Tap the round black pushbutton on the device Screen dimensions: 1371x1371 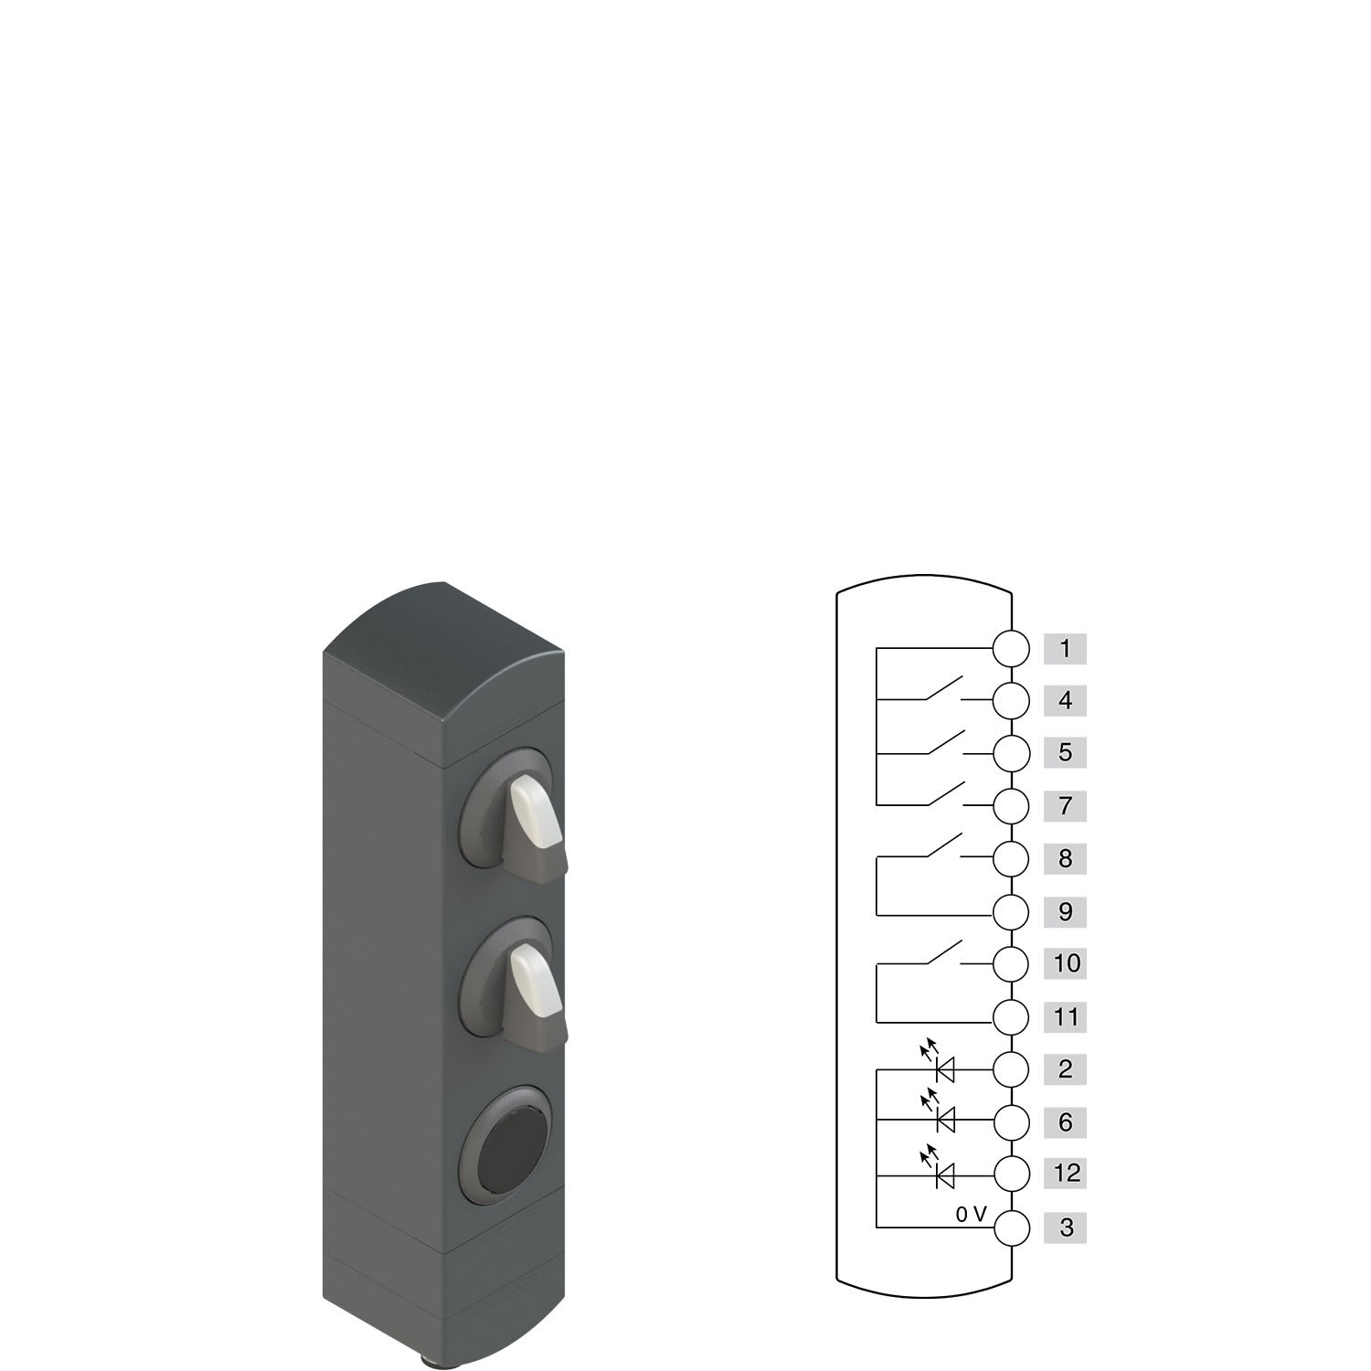click(x=510, y=1142)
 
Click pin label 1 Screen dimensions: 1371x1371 click(x=1065, y=649)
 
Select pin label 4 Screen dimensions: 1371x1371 click(x=1065, y=701)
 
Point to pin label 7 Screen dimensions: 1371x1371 click(x=1065, y=806)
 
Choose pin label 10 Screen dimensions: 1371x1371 click(x=1065, y=963)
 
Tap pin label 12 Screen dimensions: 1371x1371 click(x=1065, y=1173)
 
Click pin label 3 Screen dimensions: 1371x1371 click(x=1065, y=1228)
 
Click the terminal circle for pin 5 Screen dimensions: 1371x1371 click(x=1011, y=753)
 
